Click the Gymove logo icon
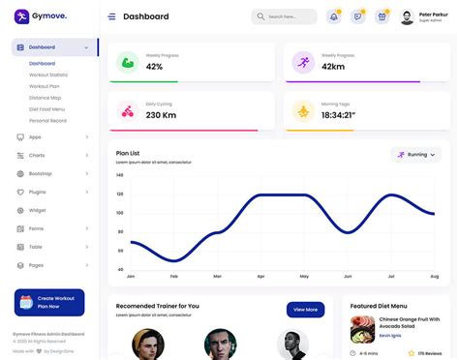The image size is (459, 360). [20, 15]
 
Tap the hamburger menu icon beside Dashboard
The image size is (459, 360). [111, 16]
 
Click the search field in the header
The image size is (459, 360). [285, 16]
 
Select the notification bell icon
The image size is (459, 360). [334, 16]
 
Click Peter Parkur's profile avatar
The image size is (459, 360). [407, 16]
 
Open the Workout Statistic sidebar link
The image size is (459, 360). [48, 75]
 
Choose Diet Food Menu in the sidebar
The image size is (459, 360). [46, 108]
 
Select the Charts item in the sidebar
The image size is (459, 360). [38, 155]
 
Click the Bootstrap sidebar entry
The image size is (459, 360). [41, 173]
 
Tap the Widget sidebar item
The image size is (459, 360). [38, 210]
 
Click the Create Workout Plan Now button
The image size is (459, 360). [49, 302]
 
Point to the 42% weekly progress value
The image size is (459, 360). [154, 67]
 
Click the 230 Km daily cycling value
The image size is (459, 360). [161, 115]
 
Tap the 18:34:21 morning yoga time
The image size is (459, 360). [337, 115]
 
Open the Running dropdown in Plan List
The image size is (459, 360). [416, 154]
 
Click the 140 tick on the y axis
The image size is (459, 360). [120, 176]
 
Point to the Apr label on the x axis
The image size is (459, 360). [260, 277]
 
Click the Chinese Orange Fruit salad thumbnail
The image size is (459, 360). [362, 329]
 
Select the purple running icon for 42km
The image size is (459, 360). [303, 63]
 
